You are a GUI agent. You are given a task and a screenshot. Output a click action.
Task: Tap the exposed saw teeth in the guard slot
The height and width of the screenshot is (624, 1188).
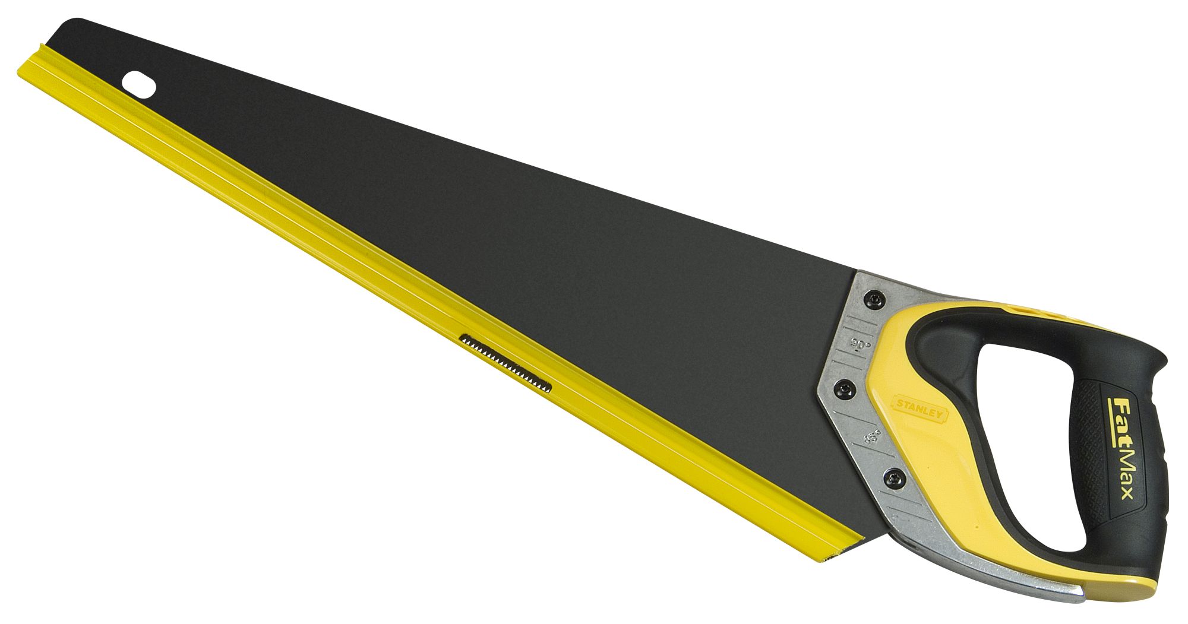coord(505,362)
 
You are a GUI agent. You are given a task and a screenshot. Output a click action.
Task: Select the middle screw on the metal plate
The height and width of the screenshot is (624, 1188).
coord(845,390)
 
